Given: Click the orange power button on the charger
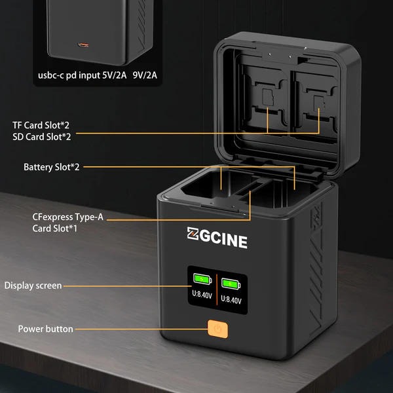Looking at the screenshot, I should point(216,329).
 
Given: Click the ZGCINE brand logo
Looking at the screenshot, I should point(217,240).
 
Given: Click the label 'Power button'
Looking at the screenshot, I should point(45,328).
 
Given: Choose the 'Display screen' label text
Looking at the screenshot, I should point(33,285).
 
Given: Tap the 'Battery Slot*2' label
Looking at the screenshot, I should point(52,167).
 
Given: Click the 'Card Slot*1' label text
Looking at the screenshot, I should point(55,229).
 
